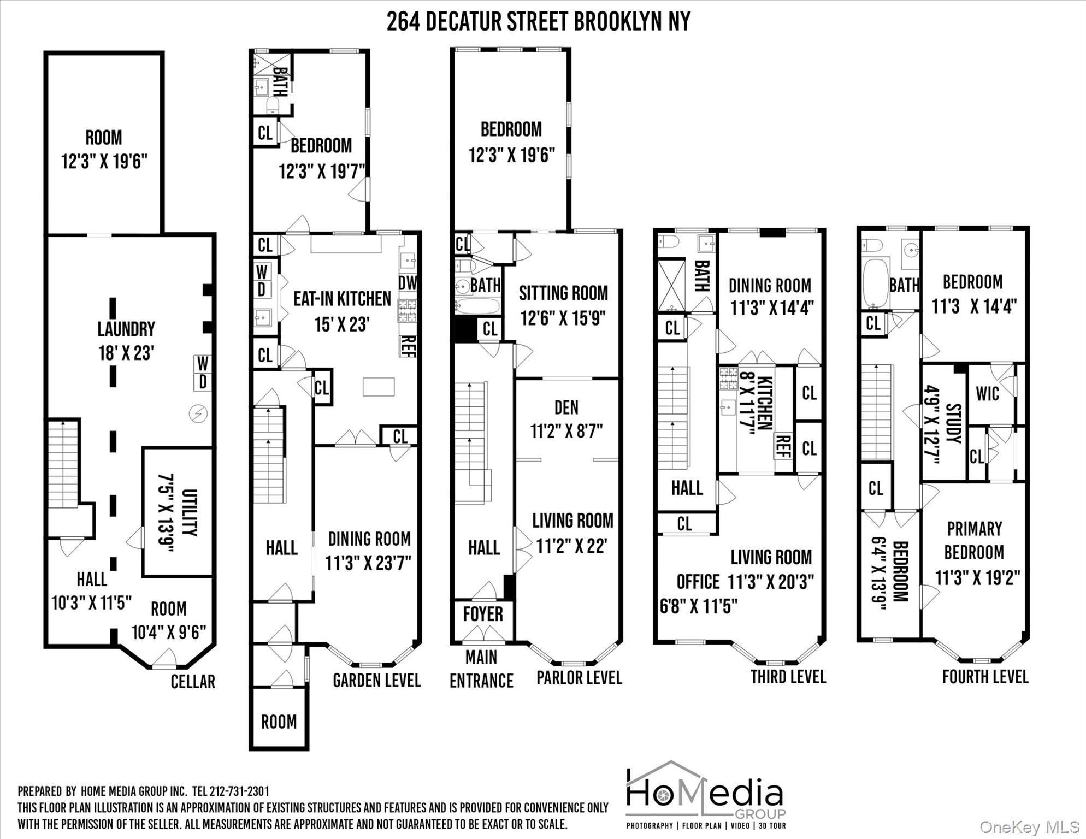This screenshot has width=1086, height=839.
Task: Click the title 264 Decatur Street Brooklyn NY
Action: [x=538, y=22]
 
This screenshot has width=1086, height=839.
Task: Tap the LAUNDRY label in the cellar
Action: [x=126, y=329]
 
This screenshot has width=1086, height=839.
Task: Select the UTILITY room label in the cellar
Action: [x=189, y=512]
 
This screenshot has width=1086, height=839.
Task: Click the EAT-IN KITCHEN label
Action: [x=342, y=299]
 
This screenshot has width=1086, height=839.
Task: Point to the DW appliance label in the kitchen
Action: [x=408, y=283]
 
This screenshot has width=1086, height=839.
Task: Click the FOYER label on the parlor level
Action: [x=483, y=614]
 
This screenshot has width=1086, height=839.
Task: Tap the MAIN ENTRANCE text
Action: [x=481, y=669]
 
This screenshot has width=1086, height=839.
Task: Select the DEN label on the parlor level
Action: [x=566, y=407]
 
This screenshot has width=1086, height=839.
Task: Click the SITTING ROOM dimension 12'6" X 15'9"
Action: [x=563, y=318]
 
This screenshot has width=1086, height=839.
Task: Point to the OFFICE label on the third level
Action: [x=698, y=582]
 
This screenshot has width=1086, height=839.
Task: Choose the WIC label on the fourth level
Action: [x=987, y=394]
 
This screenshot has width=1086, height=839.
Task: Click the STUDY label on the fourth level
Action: [x=953, y=424]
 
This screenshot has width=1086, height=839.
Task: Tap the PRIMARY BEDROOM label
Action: [x=974, y=541]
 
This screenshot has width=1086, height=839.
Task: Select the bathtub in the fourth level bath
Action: [x=876, y=283]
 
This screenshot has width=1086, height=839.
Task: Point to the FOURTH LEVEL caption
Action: [x=985, y=677]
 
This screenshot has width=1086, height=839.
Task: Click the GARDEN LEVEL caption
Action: [x=376, y=681]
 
